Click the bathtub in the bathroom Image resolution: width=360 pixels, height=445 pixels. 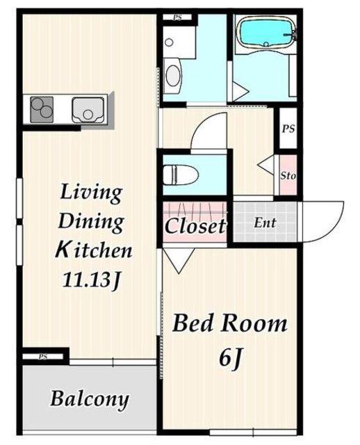(265, 33)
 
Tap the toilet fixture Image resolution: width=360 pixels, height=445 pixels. (181, 175)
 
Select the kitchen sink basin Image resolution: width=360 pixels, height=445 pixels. (88, 110)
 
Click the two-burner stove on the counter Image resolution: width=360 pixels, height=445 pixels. (42, 110)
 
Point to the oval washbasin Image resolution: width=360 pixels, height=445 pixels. (173, 75)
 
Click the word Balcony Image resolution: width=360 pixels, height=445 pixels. (90, 399)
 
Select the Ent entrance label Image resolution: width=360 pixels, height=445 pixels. (265, 222)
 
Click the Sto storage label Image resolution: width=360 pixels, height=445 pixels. (288, 176)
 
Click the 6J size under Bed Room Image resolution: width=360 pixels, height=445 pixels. (230, 359)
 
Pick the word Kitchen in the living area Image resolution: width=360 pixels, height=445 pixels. (94, 250)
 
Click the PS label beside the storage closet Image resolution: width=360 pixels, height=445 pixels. (288, 129)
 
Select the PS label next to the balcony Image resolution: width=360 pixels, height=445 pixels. (43, 357)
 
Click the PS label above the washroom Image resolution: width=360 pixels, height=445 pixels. (178, 17)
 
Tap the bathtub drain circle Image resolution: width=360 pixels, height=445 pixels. (265, 44)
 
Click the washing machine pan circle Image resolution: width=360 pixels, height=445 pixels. (169, 42)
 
